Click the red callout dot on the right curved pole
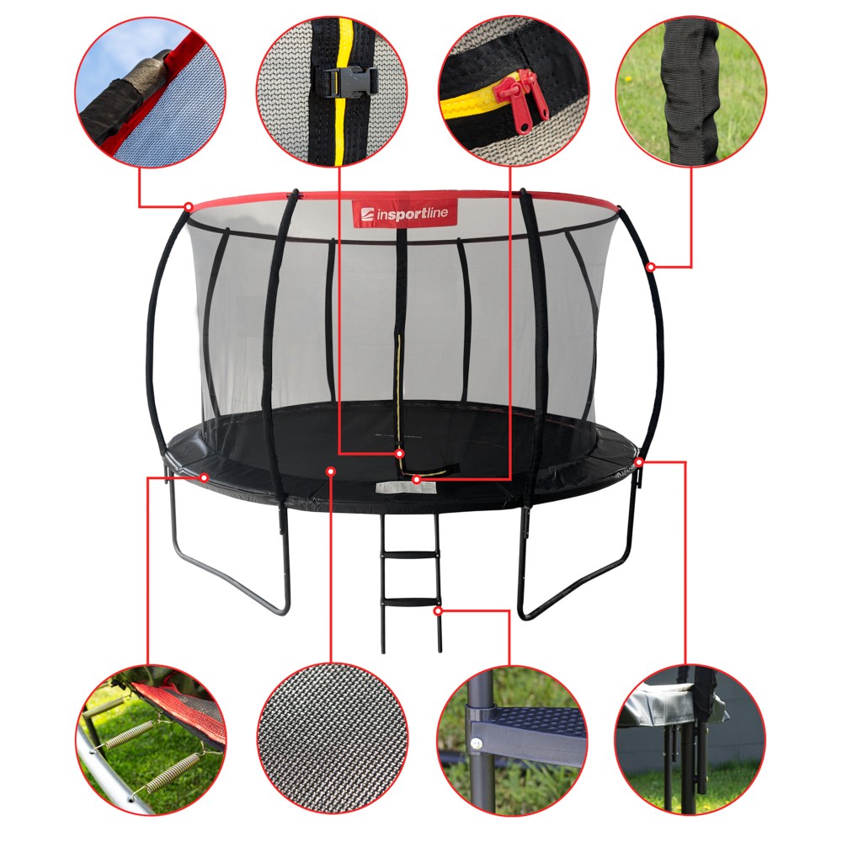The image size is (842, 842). (651, 267)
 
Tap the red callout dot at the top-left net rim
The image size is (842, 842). (189, 206)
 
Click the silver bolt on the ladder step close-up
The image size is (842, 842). (478, 743)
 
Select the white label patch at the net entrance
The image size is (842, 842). (405, 488)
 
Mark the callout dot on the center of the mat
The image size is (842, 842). (331, 472)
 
